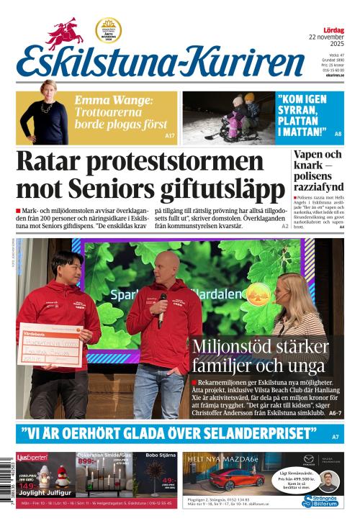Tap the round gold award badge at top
[x=108, y=30]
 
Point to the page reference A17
[x=170, y=135]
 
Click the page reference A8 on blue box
[x=338, y=135]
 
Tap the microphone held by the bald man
[x=162, y=302]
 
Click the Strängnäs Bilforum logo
[x=320, y=500]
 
